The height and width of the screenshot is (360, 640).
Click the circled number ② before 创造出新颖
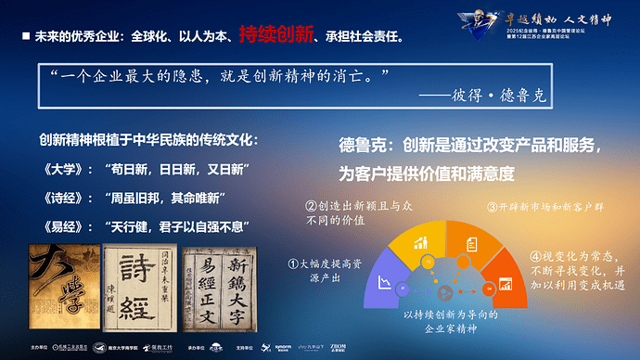[312, 205]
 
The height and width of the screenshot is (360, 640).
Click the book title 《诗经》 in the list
[58, 199]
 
